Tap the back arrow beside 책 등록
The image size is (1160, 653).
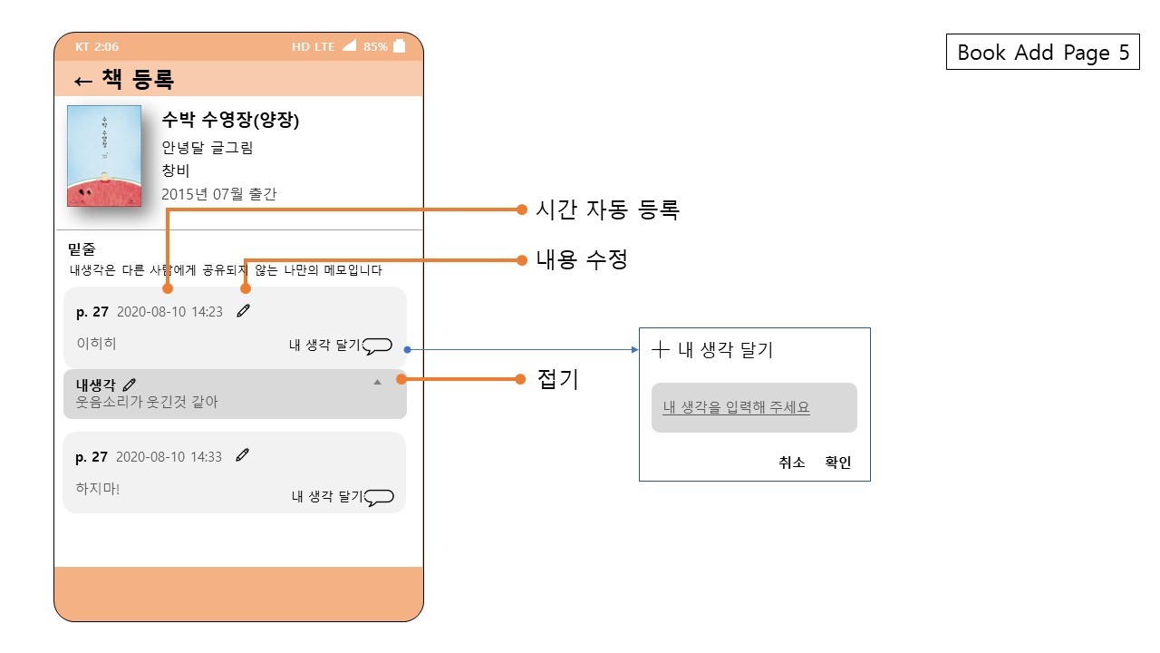coord(82,81)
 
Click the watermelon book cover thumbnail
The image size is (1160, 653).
coord(104,156)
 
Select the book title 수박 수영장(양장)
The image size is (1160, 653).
coord(230,121)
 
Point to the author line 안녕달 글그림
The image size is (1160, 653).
coord(208,148)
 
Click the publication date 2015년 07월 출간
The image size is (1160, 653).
coord(218,194)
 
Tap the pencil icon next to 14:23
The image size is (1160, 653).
coord(243,311)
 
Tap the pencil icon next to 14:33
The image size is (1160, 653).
coord(242,456)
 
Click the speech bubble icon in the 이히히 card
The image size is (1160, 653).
coord(377,346)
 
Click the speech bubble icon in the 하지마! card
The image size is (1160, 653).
coord(379,497)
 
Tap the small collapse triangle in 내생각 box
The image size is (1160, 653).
coord(378,383)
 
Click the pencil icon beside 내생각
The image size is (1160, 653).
coord(130,385)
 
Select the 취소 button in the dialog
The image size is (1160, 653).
coord(791,463)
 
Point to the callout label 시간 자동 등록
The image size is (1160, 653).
coord(607,210)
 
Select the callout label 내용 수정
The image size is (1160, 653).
coord(582,260)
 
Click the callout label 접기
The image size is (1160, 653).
coord(558,380)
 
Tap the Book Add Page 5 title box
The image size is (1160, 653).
coord(1042,53)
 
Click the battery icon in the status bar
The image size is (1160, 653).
coord(399,46)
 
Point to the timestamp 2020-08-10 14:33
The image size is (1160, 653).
coord(169,457)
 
